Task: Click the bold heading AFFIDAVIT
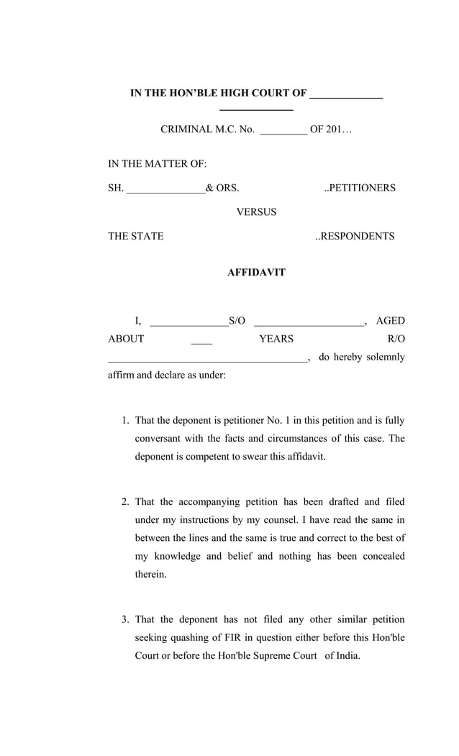point(256,273)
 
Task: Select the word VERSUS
point(256,212)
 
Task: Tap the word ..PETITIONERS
point(359,188)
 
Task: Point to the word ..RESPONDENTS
point(355,237)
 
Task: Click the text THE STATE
point(136,237)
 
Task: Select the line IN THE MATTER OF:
point(158,164)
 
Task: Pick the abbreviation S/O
point(237,321)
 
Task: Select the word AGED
point(390,321)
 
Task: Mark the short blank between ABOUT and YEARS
point(201,342)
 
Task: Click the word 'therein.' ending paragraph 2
point(150,575)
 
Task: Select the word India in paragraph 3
point(346,656)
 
